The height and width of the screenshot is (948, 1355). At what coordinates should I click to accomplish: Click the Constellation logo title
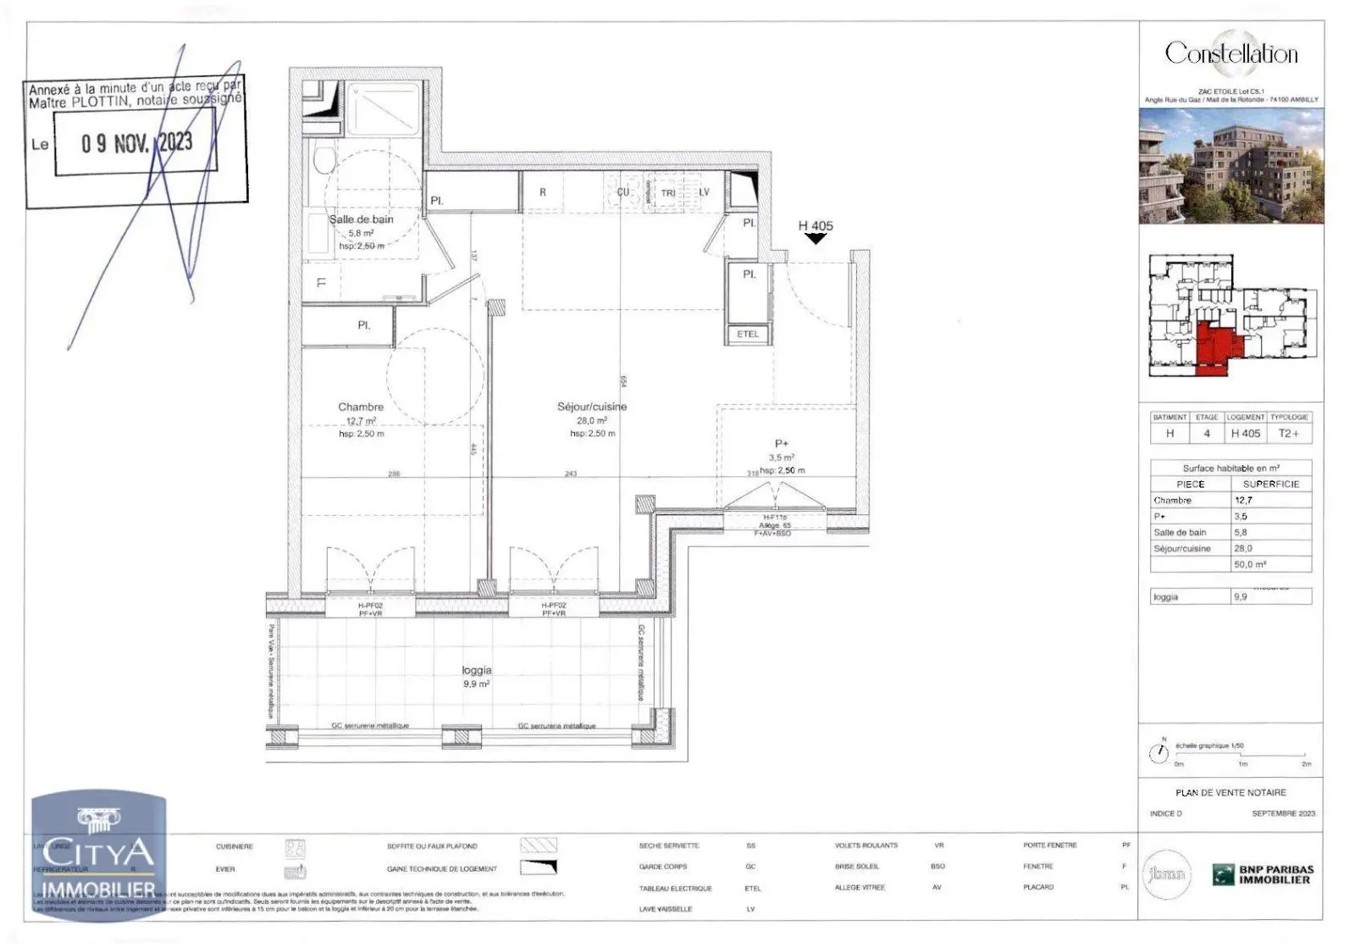coord(1231,53)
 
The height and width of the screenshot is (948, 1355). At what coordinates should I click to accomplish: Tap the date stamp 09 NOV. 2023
coord(136,143)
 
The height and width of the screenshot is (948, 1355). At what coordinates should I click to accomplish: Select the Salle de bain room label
coord(362,219)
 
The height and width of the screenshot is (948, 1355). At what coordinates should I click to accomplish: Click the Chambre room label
coord(361,407)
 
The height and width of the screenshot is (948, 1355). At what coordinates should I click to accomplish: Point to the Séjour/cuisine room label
coord(592,407)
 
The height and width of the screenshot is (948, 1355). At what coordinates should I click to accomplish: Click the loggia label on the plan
coord(476,670)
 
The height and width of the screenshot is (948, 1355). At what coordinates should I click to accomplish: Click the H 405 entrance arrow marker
coord(816,239)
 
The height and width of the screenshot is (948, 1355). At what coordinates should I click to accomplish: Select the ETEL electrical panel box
coord(748,335)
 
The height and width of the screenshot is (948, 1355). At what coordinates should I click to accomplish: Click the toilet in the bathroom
coord(322,161)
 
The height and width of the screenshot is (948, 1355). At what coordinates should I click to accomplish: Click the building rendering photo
coord(1231,166)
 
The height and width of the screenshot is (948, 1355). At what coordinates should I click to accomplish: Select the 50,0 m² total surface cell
coord(1249,564)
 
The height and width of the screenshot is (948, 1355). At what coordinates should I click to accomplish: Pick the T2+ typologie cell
coord(1288,434)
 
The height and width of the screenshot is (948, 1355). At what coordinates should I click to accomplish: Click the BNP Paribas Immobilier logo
coord(1263,874)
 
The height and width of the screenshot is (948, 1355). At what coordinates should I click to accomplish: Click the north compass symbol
coord(1159,753)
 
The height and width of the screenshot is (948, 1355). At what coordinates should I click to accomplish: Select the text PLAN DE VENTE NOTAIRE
coord(1231,793)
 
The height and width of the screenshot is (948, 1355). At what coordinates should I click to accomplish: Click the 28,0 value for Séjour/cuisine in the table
coord(1243,549)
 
